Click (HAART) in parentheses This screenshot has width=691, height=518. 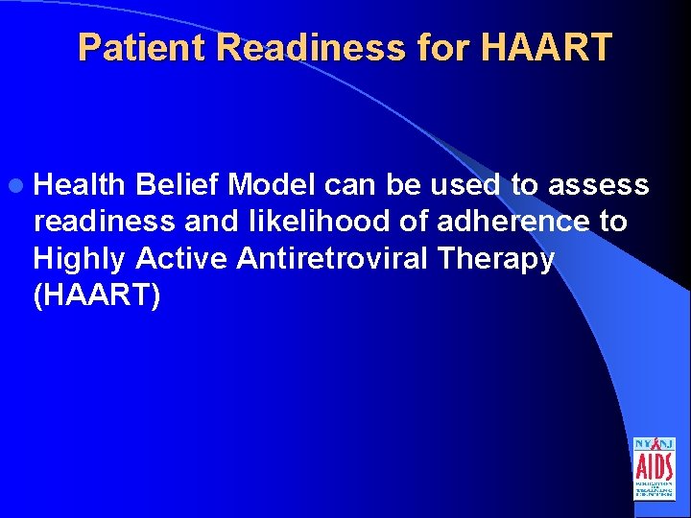point(97,296)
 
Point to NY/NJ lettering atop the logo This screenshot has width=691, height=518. point(654,445)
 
